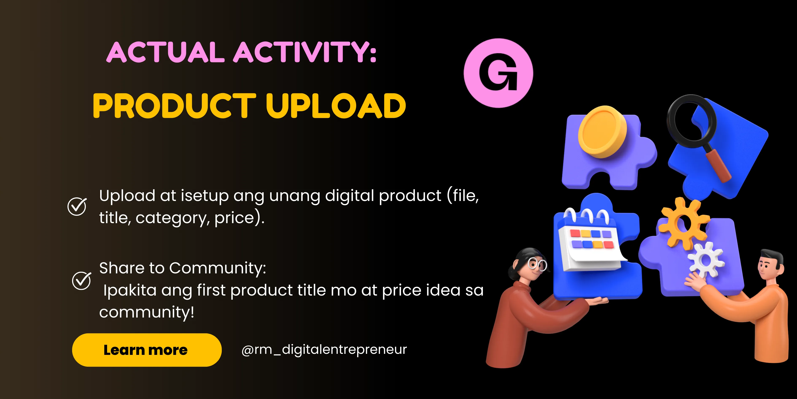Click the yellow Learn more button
(147, 350)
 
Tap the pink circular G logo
(498, 73)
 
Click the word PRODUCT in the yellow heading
(175, 106)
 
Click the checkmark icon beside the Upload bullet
(77, 206)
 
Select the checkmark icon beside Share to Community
(81, 280)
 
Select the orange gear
(684, 224)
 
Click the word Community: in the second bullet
(218, 268)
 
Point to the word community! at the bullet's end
(147, 312)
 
